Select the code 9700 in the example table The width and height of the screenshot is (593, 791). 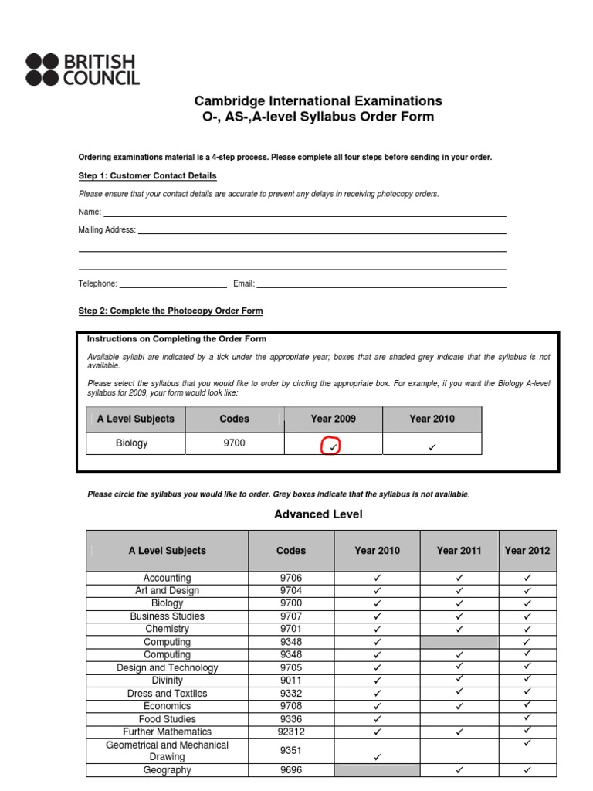click(235, 443)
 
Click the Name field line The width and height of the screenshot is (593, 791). click(305, 216)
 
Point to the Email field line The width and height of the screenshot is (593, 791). click(381, 287)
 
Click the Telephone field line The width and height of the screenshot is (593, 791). click(173, 287)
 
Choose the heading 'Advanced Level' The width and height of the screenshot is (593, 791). click(318, 514)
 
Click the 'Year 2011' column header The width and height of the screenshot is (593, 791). click(459, 551)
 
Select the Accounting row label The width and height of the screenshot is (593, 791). click(167, 578)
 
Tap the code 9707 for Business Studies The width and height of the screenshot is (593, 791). click(291, 616)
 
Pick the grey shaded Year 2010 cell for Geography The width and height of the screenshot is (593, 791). click(378, 770)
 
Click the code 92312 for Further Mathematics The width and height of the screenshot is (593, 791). click(291, 732)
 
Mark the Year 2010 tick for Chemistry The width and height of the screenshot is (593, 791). click(378, 630)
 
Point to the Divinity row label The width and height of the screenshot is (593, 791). click(167, 681)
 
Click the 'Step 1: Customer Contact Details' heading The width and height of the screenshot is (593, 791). click(147, 175)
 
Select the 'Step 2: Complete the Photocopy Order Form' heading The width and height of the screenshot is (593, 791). click(171, 311)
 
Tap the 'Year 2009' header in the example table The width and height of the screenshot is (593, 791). click(333, 419)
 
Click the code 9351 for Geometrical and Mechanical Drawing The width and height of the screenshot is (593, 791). click(291, 751)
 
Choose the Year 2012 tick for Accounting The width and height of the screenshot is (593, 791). click(527, 579)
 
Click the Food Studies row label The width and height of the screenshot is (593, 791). click(167, 719)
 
